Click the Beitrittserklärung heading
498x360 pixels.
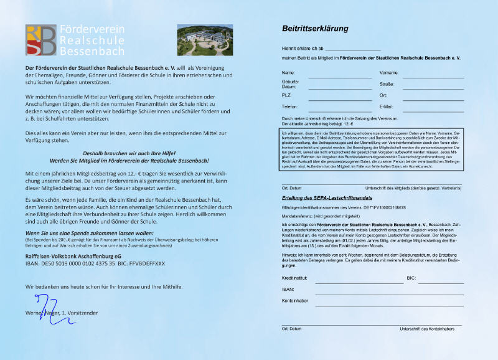tap(315, 29)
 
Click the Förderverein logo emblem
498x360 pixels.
tap(40, 40)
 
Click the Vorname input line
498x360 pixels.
tap(433, 76)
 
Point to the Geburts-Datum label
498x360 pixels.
tap(291, 84)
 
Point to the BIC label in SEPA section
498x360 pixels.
tap(411, 278)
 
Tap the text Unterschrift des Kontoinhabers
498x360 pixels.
tap(427, 328)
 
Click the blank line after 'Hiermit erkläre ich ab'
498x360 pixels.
tap(352, 49)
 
